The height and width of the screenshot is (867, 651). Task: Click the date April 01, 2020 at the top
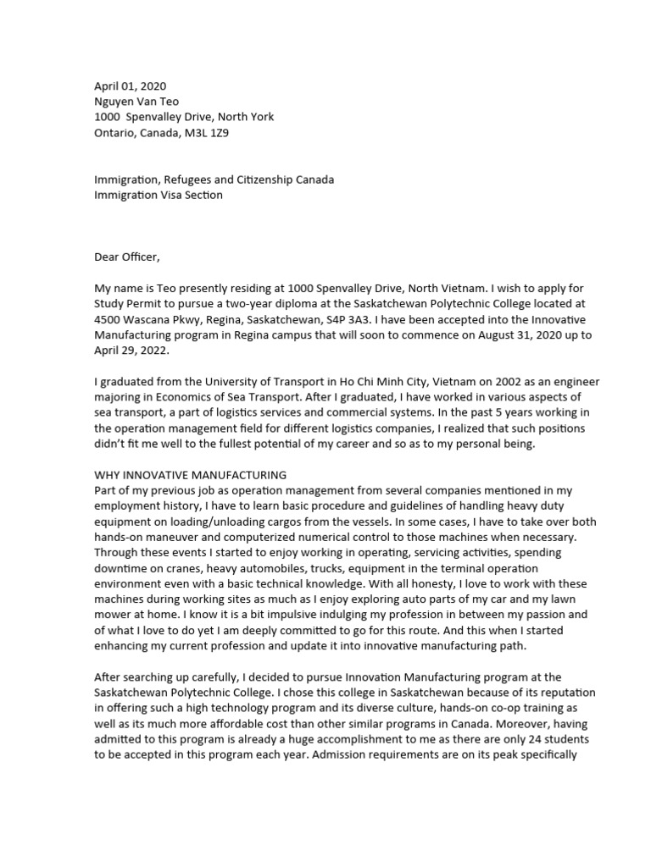point(130,86)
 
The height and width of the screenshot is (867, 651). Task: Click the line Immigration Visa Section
point(159,196)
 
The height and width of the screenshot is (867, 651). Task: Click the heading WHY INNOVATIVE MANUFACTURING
point(190,475)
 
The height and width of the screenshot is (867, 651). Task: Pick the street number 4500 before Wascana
point(110,320)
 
